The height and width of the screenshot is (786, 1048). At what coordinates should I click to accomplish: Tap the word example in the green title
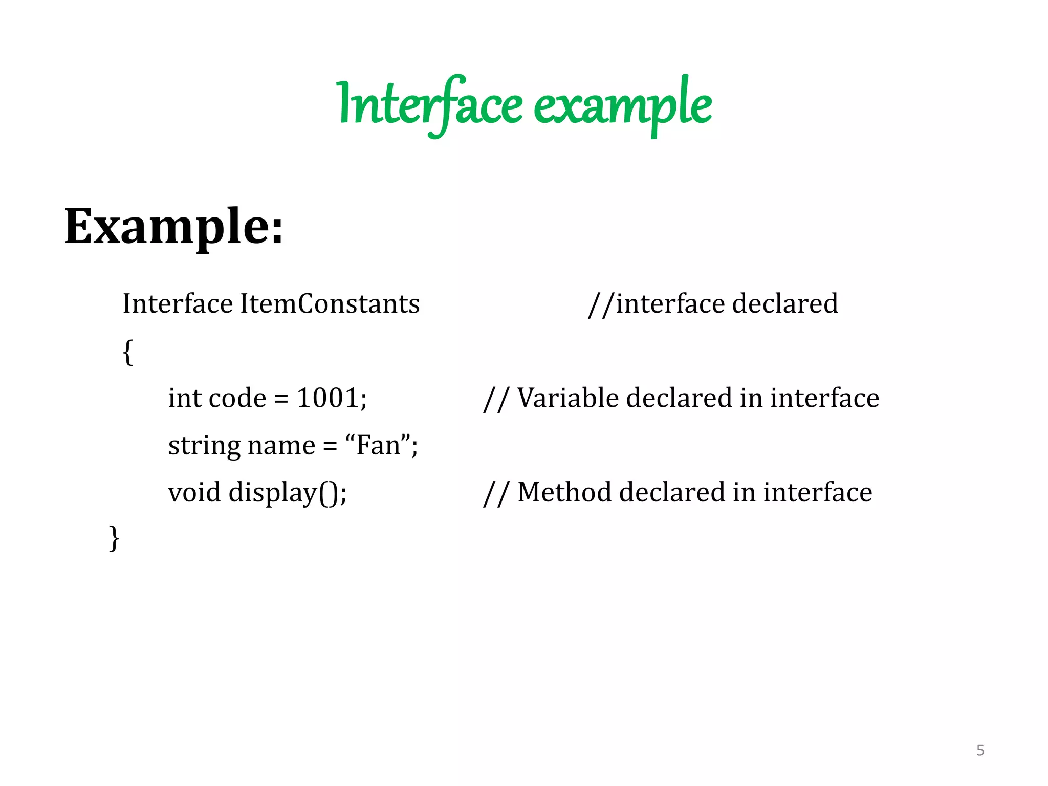pos(622,105)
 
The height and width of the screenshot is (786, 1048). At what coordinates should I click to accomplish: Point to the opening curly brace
pos(128,352)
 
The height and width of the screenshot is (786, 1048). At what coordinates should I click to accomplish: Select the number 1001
pos(328,398)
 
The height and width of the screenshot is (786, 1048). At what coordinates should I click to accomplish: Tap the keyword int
pos(185,398)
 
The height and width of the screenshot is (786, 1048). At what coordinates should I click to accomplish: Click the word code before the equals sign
pos(238,398)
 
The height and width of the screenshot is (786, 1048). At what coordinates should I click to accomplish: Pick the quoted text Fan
pos(378,445)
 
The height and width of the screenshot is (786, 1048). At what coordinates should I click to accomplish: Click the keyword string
pos(204,446)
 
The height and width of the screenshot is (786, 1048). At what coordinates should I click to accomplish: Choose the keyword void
pos(194,492)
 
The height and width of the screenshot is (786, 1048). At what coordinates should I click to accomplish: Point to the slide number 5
pos(980,750)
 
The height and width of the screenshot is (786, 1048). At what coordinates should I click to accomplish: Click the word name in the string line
pos(281,446)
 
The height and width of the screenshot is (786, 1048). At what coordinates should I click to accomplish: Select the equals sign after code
pos(281,399)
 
